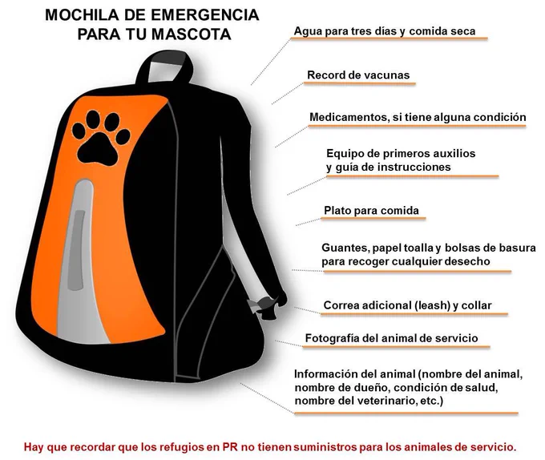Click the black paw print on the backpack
pos(101,139)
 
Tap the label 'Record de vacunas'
pos(358,75)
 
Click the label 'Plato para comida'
pos(371,211)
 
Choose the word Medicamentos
pos(349,118)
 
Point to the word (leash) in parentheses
pos(432,305)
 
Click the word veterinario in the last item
pos(382,401)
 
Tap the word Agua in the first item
pos(304,31)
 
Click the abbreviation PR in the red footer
pos(230,447)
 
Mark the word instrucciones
pos(414,167)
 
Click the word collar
pos(477,305)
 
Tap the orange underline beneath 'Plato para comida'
pos(373,219)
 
